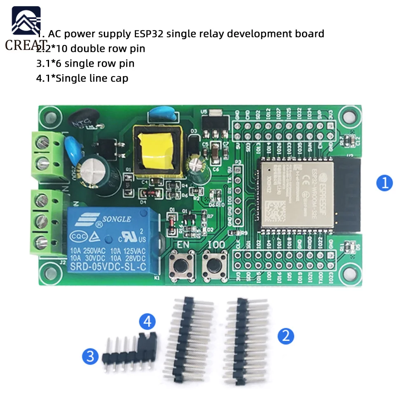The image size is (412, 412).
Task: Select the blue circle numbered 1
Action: [385, 183]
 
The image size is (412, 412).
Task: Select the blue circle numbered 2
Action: [286, 336]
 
